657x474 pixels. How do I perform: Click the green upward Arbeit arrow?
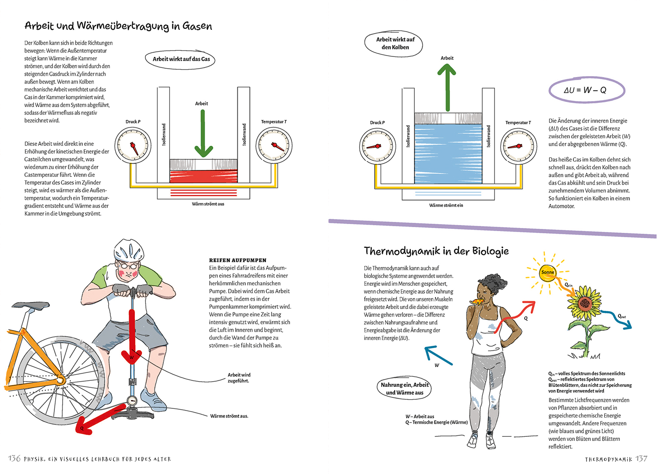tap(447, 88)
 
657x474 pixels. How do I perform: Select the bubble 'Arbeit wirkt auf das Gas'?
tap(181, 59)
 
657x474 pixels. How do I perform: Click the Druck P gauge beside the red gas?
tap(133, 146)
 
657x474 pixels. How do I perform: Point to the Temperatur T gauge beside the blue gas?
tap(519, 146)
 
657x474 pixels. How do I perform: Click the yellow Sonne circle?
tap(547, 272)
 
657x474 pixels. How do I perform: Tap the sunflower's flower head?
tap(585, 303)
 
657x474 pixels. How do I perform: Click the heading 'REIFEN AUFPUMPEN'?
tap(237, 260)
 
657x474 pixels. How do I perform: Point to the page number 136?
tap(14, 458)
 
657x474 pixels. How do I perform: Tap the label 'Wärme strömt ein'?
tap(446, 205)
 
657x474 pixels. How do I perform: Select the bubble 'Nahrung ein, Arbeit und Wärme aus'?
tap(404, 389)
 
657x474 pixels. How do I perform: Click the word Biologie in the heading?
tap(490, 251)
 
